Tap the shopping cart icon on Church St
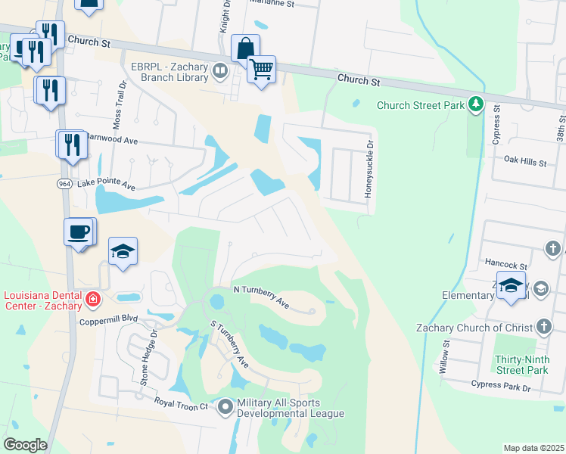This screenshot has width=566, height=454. click(262, 70)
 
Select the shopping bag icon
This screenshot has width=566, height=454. click(245, 48)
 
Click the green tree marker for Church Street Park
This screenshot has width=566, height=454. click(476, 104)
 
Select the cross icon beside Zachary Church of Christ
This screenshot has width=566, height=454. click(543, 327)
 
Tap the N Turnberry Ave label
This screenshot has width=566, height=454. click(261, 297)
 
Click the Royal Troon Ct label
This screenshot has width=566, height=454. click(181, 406)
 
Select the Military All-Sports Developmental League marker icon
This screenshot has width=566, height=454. click(225, 408)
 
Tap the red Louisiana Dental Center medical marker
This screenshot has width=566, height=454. click(92, 300)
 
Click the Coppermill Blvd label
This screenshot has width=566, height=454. click(110, 321)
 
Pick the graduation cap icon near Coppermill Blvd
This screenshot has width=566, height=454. click(123, 251)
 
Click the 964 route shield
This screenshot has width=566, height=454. click(64, 184)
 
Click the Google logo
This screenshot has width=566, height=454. click(25, 445)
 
